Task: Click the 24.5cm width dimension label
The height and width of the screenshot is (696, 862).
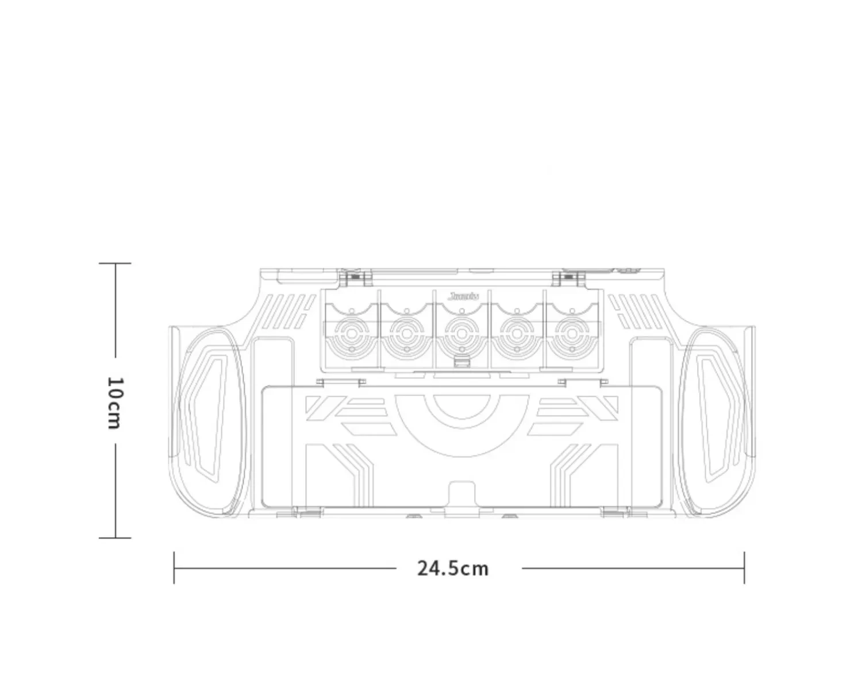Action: click(453, 569)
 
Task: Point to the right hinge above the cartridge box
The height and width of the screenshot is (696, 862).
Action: click(569, 278)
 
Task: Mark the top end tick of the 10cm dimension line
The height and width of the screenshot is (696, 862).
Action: click(115, 264)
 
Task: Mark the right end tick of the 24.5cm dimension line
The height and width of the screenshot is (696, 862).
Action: click(744, 568)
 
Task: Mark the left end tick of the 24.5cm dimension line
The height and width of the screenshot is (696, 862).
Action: click(174, 568)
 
